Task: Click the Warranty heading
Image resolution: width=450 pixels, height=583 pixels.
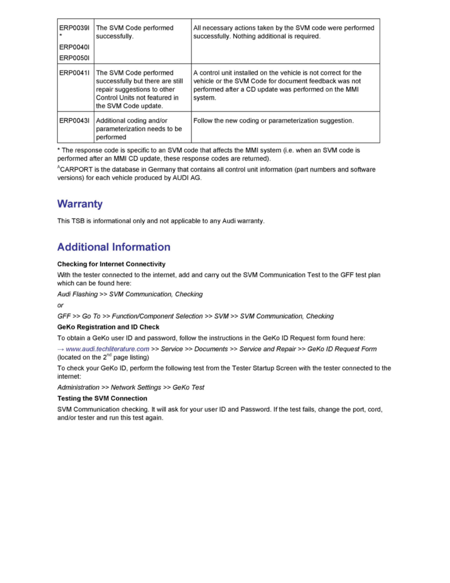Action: click(80, 204)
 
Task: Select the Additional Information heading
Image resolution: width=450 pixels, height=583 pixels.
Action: click(114, 247)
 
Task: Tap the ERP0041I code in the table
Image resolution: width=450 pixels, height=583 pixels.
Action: click(74, 73)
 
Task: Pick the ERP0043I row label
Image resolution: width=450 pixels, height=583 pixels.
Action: click(74, 120)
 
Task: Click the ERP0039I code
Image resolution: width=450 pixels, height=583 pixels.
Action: click(74, 28)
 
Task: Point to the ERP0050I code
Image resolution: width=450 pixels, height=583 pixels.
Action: click(74, 58)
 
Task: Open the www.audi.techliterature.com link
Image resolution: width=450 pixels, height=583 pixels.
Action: click(107, 349)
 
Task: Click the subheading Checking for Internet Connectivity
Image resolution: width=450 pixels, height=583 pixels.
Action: click(111, 264)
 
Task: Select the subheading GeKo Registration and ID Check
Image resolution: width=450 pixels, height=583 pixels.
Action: click(108, 327)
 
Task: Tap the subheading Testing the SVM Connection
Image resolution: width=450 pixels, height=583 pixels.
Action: click(102, 398)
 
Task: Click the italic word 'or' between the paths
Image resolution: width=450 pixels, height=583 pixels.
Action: click(60, 305)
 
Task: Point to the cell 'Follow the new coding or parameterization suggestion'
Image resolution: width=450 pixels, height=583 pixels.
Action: click(273, 120)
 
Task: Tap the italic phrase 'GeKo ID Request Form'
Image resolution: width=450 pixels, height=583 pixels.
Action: click(342, 349)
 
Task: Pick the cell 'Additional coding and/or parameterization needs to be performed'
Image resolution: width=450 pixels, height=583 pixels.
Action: click(139, 129)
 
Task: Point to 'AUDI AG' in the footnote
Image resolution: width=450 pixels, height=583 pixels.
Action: click(187, 178)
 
